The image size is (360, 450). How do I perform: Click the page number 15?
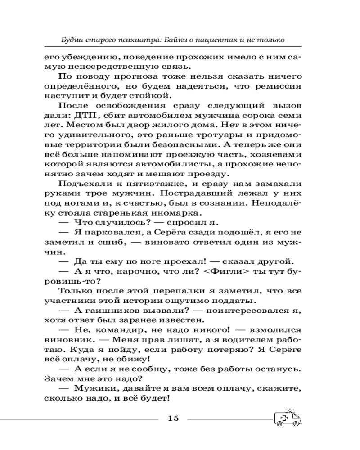[173, 418]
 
